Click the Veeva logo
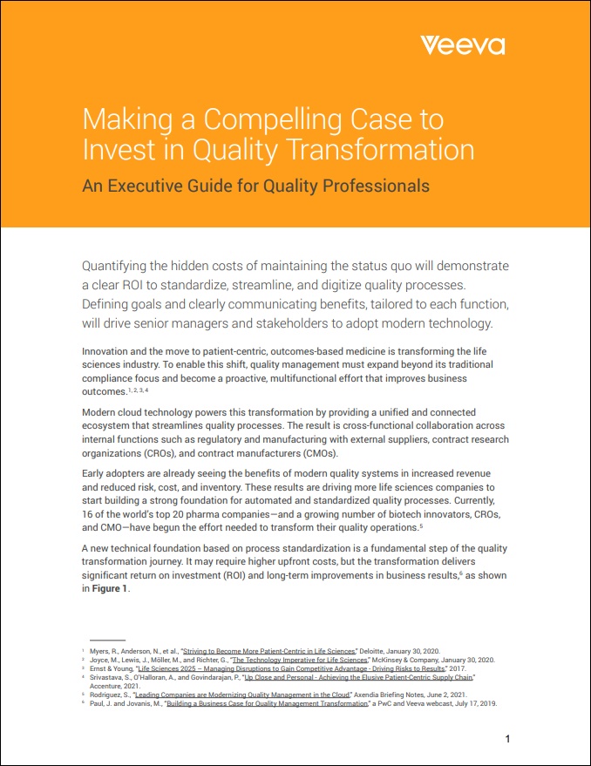[x=462, y=45]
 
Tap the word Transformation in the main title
[x=384, y=149]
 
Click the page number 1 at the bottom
[x=507, y=739]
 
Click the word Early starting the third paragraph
[x=94, y=473]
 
